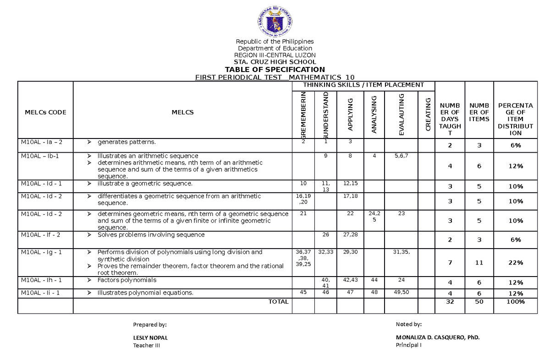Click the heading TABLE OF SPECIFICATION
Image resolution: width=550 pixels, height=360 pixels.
pyautogui.click(x=275, y=69)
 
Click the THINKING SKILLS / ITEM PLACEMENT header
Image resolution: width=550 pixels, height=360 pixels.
pyautogui.click(x=363, y=84)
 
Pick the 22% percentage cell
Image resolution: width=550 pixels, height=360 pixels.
pyautogui.click(x=515, y=263)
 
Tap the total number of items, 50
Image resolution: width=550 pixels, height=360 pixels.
pyautogui.click(x=479, y=302)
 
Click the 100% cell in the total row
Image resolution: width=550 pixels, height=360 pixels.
pyautogui.click(x=515, y=302)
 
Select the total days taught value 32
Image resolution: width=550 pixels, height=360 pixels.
pyautogui.click(x=449, y=302)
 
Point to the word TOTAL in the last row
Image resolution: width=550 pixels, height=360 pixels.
pyautogui.click(x=279, y=302)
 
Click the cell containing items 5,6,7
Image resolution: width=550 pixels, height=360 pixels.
pyautogui.click(x=401, y=156)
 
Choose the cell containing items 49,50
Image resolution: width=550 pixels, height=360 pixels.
pyautogui.click(x=401, y=292)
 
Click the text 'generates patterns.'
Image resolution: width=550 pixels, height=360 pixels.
pyautogui.click(x=123, y=142)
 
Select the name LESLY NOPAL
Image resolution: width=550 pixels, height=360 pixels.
pyautogui.click(x=150, y=338)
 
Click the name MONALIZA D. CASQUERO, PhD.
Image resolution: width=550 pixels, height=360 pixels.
pyautogui.click(x=438, y=338)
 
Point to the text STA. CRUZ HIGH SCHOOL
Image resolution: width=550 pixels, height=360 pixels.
pyautogui.click(x=275, y=62)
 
